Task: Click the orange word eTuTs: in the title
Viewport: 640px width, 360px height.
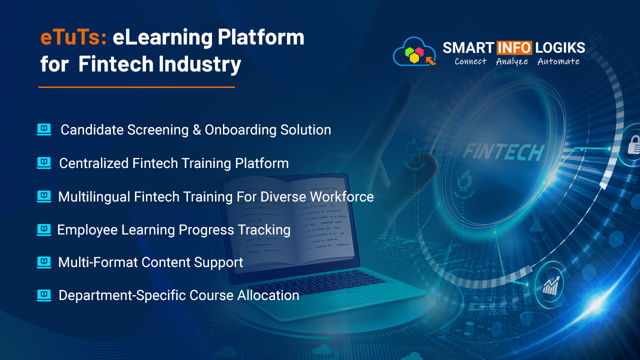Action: click(x=73, y=37)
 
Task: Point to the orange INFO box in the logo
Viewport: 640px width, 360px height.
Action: click(x=513, y=48)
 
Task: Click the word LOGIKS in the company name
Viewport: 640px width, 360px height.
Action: click(x=560, y=48)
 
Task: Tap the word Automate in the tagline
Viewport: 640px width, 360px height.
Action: click(x=558, y=61)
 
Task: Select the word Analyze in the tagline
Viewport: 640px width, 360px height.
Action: click(x=511, y=61)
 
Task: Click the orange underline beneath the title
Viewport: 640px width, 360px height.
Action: click(x=136, y=87)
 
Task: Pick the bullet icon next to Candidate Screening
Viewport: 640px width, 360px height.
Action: click(x=44, y=129)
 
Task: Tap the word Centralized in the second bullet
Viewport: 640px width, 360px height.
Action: click(x=93, y=163)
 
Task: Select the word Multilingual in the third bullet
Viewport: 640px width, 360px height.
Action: click(x=94, y=197)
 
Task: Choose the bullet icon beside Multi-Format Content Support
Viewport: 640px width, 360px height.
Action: click(x=44, y=262)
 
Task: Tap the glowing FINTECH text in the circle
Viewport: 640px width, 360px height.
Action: click(x=503, y=151)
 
